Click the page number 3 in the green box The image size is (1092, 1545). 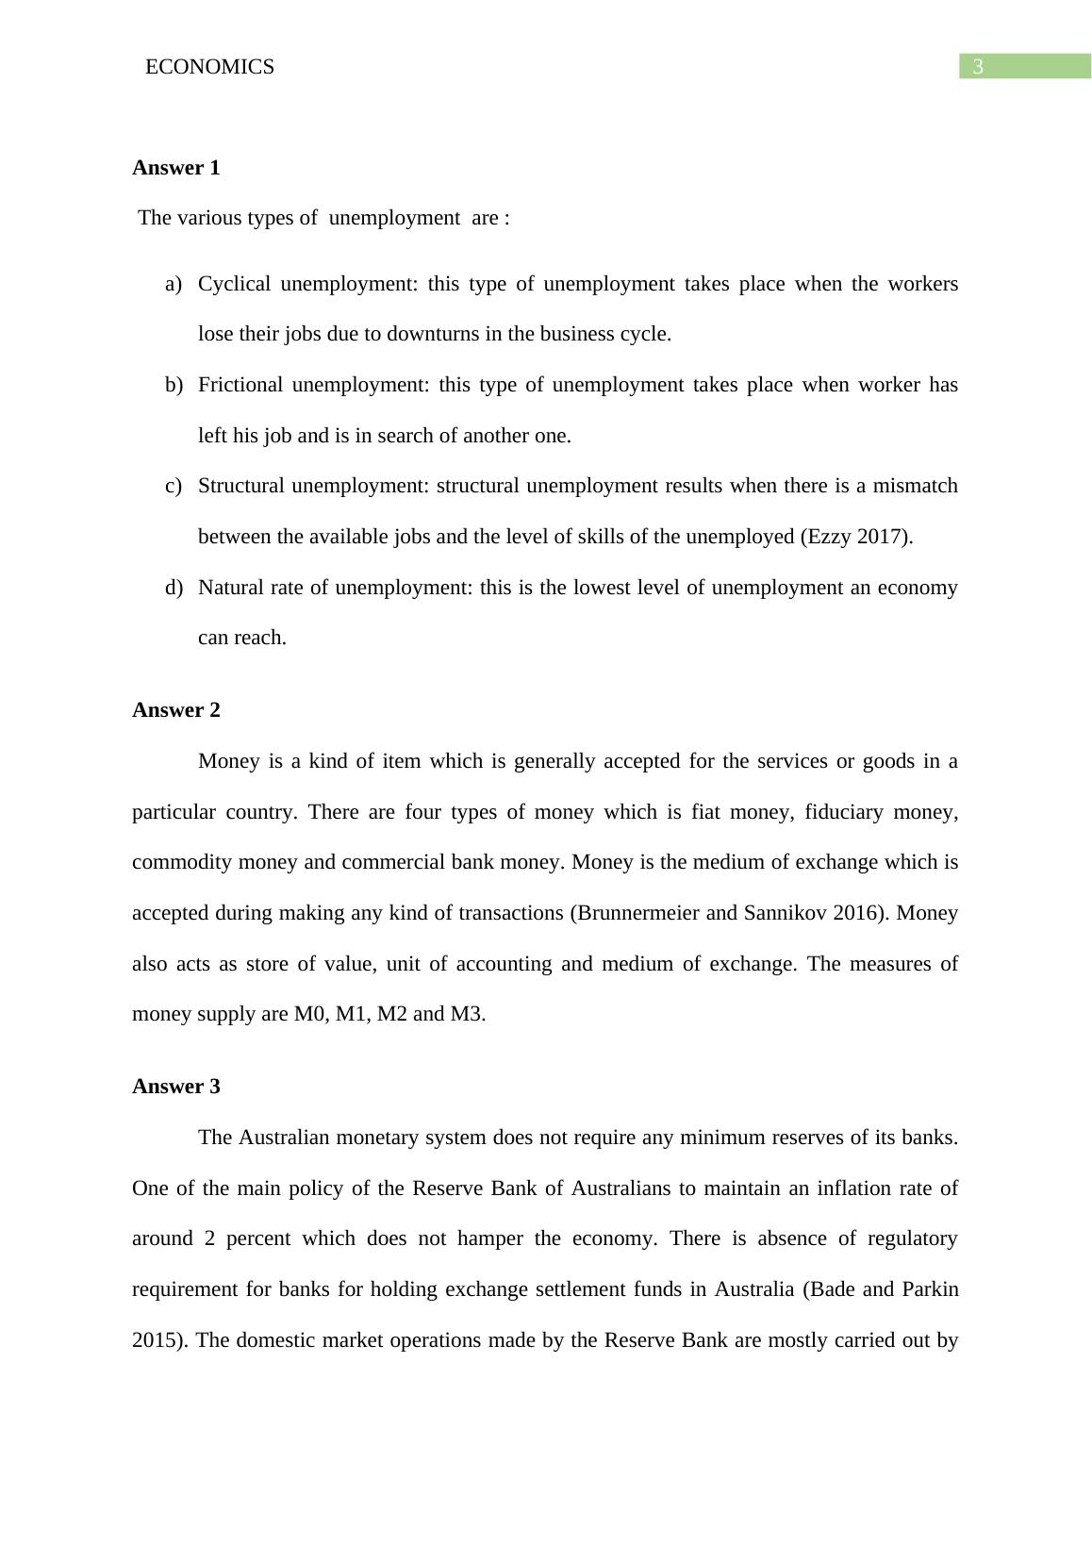click(978, 67)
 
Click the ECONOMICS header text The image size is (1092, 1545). click(209, 67)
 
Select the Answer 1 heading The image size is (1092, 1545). click(176, 168)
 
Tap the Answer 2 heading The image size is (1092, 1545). click(176, 710)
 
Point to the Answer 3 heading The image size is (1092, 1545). click(176, 1087)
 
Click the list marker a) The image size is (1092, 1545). click(173, 284)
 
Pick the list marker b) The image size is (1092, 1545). click(173, 385)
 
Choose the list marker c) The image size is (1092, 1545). click(173, 486)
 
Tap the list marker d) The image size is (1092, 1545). click(173, 588)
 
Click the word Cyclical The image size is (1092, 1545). click(234, 284)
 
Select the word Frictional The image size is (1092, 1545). click(240, 385)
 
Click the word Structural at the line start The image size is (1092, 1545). click(241, 486)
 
